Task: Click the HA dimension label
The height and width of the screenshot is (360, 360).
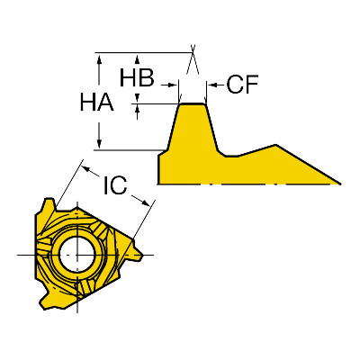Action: click(96, 102)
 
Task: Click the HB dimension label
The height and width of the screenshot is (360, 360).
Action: click(137, 77)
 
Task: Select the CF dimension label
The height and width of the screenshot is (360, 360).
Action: click(242, 85)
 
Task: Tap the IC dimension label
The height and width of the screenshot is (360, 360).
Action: click(115, 185)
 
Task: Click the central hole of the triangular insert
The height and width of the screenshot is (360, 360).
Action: click(77, 255)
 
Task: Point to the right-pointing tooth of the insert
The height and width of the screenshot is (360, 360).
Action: click(137, 250)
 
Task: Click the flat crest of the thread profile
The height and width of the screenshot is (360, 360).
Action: click(193, 103)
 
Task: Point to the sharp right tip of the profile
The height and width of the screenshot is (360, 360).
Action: click(340, 184)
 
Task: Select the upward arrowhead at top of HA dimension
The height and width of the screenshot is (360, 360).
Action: click(99, 58)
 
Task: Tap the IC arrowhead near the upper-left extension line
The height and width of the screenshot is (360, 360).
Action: click(87, 169)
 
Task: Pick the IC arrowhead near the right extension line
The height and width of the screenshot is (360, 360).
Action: click(145, 202)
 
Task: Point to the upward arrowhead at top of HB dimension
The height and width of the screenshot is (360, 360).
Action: click(137, 58)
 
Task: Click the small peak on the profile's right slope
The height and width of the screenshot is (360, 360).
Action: click(276, 145)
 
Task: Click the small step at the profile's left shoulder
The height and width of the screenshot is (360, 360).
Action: click(163, 152)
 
